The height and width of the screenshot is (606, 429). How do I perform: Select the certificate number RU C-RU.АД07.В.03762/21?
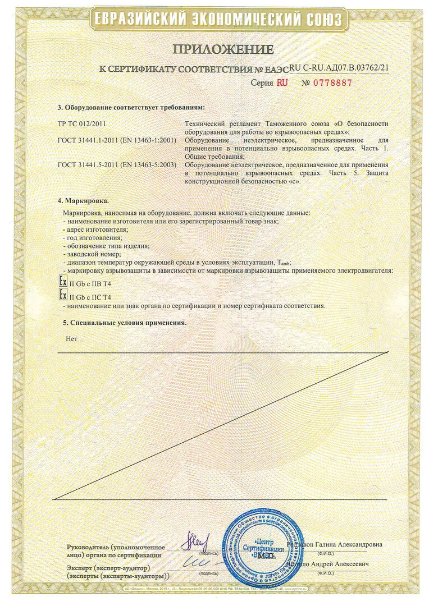[x=340, y=67]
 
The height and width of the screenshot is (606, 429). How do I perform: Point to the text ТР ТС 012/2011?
[x=82, y=123]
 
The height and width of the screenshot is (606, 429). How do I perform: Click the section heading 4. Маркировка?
[x=84, y=200]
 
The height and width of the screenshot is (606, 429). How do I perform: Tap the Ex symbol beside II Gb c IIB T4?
[x=63, y=282]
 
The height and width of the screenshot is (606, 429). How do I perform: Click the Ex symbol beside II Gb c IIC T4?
[x=63, y=295]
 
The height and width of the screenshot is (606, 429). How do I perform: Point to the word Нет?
[x=71, y=339]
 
